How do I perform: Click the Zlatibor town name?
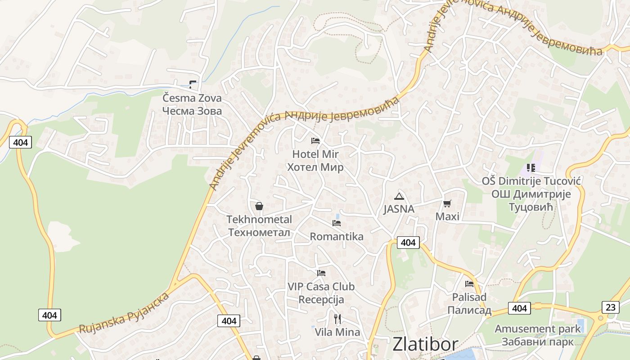click(x=425, y=344)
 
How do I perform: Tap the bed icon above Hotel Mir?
click(x=315, y=141)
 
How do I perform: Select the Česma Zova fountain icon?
click(x=193, y=84)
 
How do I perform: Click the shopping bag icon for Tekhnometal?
click(x=259, y=206)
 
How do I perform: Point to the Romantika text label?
click(x=337, y=236)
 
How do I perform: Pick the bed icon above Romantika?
click(x=336, y=223)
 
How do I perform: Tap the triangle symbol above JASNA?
click(x=399, y=196)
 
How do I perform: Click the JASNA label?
click(x=399, y=209)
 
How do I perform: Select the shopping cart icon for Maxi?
click(x=447, y=204)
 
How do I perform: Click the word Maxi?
click(x=447, y=216)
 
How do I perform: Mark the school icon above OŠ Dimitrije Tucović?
click(x=531, y=168)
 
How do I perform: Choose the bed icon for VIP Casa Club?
click(x=321, y=273)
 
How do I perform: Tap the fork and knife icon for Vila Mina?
click(x=337, y=319)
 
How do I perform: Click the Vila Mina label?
click(x=337, y=332)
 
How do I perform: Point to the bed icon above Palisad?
click(x=469, y=284)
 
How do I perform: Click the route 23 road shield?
click(x=610, y=307)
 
